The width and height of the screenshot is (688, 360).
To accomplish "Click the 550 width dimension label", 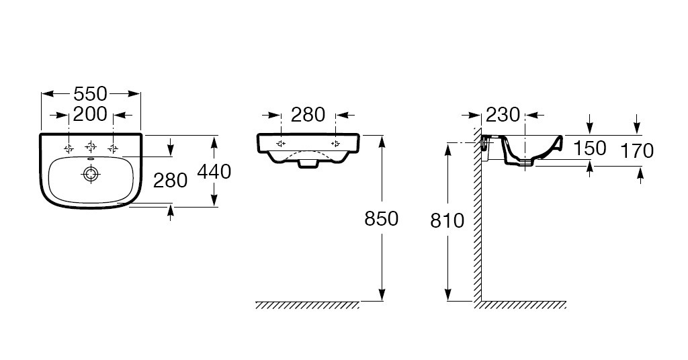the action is click(91, 94).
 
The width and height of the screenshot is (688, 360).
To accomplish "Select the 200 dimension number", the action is click(91, 114).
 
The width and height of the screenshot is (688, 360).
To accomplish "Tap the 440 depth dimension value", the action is click(214, 171).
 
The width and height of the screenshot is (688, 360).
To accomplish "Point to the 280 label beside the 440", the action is click(170, 180).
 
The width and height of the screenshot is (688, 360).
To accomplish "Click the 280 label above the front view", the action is click(308, 115).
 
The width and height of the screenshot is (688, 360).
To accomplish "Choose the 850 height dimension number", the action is click(382, 218).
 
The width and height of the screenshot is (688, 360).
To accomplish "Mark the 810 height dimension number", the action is click(447, 221).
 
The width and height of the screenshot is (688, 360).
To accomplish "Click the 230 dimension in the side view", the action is click(503, 115).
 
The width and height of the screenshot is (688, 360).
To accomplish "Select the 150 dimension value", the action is click(590, 148).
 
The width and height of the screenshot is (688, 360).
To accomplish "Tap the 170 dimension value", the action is click(637, 151).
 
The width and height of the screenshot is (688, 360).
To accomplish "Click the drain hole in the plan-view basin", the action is click(91, 174).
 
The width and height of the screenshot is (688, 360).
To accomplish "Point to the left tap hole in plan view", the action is click(69, 148).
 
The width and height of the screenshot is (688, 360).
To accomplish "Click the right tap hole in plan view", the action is click(113, 148).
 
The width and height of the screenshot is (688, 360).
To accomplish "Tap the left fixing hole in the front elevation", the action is click(281, 144).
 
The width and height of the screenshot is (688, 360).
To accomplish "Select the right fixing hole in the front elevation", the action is click(336, 144).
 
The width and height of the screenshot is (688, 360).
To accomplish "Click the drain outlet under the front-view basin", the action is click(308, 164).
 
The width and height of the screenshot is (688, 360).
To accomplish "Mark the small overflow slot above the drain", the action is click(91, 159).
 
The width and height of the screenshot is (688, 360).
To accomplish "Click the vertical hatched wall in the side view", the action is click(478, 215).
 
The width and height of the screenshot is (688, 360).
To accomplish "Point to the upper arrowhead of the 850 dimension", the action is click(382, 141).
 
